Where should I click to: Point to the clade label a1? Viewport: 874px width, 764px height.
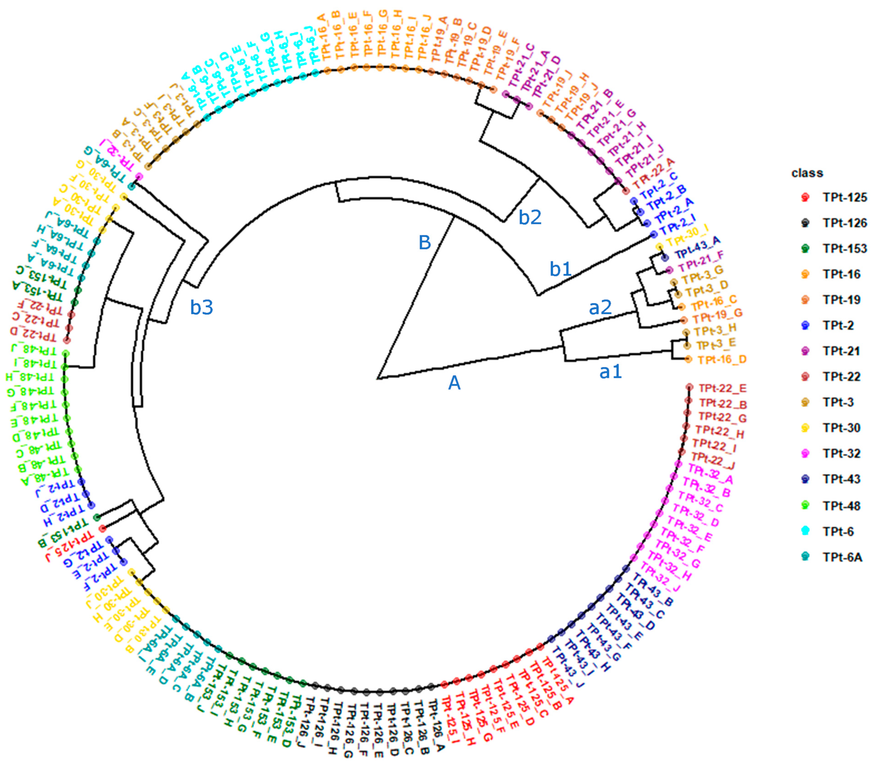pyautogui.click(x=610, y=372)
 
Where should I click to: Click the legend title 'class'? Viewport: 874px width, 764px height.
pyautogui.click(x=807, y=173)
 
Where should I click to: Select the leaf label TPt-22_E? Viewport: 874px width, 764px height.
pyautogui.click(x=723, y=388)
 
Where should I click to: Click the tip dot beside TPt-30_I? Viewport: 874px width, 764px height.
pyautogui.click(x=659, y=246)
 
